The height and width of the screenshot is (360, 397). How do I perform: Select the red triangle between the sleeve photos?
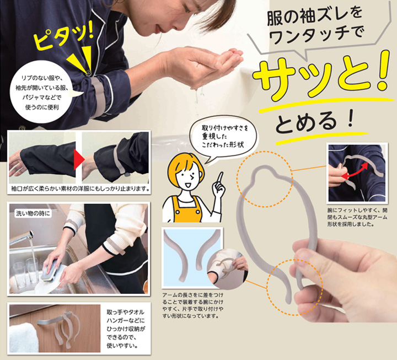[79, 160]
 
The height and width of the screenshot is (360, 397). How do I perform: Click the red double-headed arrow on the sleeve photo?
[355, 170]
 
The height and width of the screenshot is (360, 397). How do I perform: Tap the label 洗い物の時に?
[33, 214]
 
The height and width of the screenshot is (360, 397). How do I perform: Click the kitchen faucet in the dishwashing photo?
[22, 239]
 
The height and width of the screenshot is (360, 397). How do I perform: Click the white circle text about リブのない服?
[42, 93]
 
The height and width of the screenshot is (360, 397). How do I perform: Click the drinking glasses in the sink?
[25, 273]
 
